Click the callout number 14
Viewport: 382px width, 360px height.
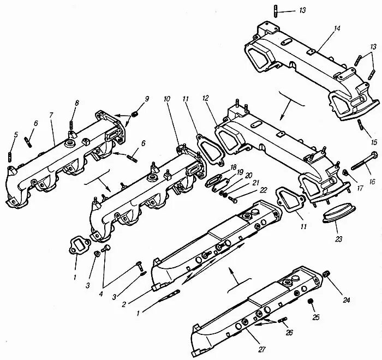pyautogui.click(x=337, y=28)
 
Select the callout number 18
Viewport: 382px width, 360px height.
pyautogui.click(x=233, y=167)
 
